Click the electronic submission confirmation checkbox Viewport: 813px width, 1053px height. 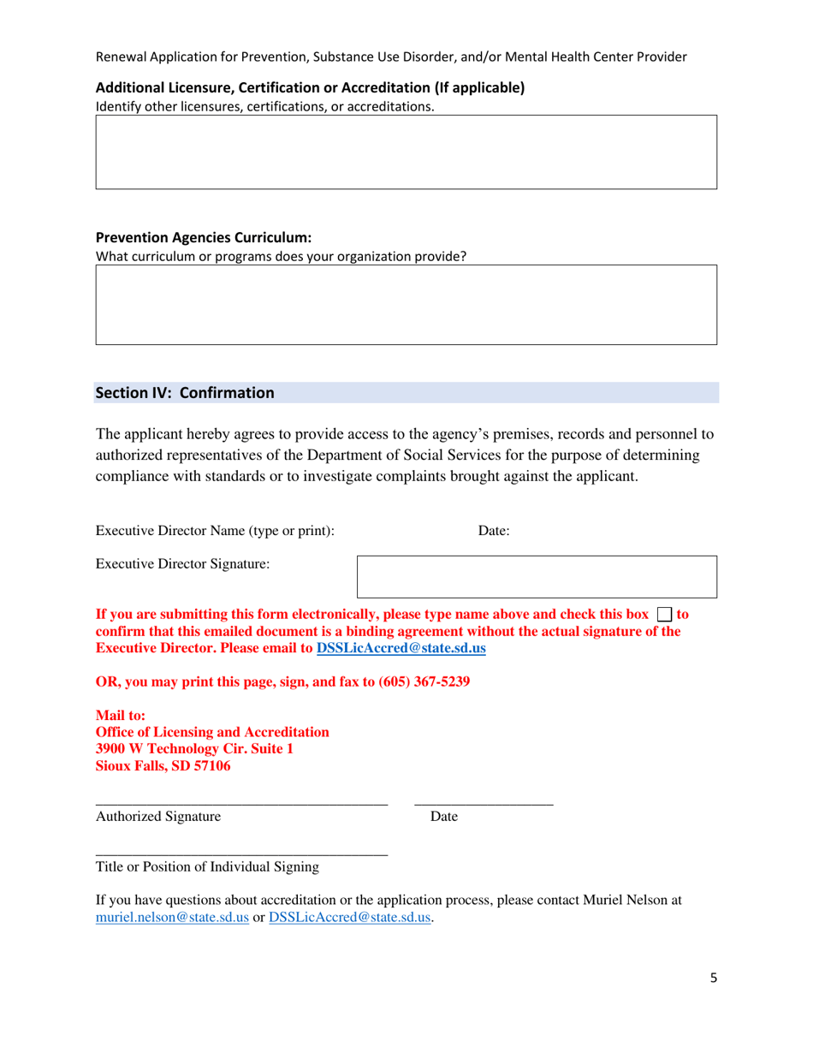[x=665, y=615]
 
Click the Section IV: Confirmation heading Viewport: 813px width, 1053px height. [x=185, y=393]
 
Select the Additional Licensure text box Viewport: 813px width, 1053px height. [x=406, y=152]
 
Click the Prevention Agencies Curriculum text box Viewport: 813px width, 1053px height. [x=406, y=305]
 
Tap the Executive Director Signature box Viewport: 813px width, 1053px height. [x=537, y=576]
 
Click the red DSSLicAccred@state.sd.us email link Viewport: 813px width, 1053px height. [x=401, y=649]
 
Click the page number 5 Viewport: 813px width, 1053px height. [x=713, y=979]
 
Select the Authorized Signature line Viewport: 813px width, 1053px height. [x=241, y=802]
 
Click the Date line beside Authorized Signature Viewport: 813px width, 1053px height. [x=484, y=802]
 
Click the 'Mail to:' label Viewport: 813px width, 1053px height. [x=120, y=715]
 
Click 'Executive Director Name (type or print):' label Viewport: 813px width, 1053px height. [x=215, y=531]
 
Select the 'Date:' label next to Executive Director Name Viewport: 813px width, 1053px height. [x=494, y=531]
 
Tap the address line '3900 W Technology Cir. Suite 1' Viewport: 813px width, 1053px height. [x=194, y=749]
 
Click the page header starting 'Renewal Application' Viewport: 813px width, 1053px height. [x=390, y=57]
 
